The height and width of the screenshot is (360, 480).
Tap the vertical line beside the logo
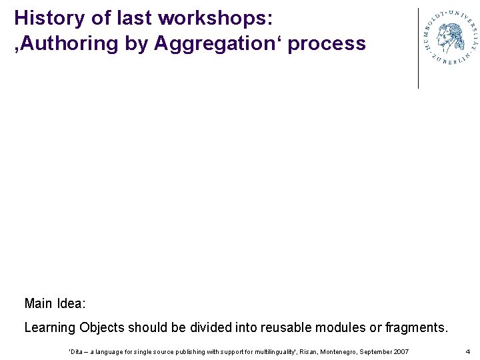418,48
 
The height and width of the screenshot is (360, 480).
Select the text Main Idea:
55,304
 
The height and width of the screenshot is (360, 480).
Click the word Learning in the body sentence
50,328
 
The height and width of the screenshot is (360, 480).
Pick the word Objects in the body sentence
102,328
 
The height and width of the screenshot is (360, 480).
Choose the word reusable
283,328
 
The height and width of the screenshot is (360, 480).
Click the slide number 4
467,351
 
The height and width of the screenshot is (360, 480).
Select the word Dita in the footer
77,351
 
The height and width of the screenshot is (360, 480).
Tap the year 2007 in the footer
401,351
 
